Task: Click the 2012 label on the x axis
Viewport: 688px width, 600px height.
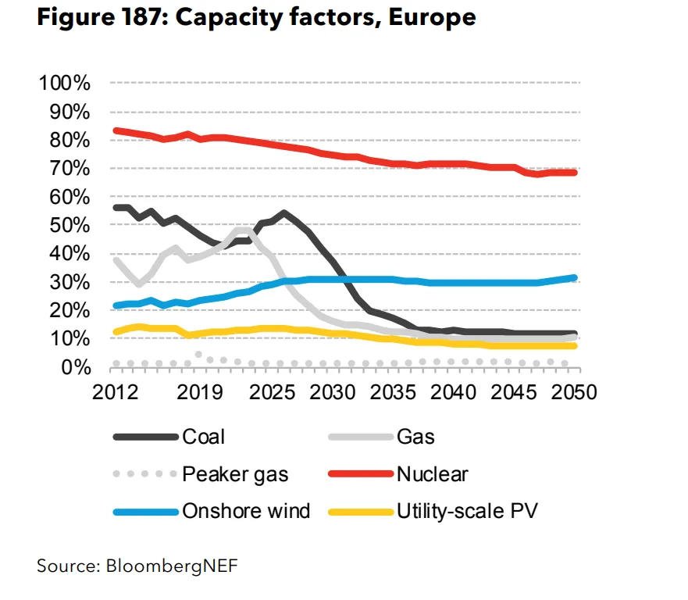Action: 115,392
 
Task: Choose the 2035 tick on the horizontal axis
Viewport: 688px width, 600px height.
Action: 393,392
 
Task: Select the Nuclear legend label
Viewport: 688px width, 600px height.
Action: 433,473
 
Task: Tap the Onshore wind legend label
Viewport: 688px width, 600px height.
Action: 246,512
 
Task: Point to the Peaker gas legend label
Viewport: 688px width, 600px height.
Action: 235,473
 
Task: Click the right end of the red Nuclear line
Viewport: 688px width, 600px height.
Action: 575,172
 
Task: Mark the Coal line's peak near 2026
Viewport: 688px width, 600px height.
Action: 283,212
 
